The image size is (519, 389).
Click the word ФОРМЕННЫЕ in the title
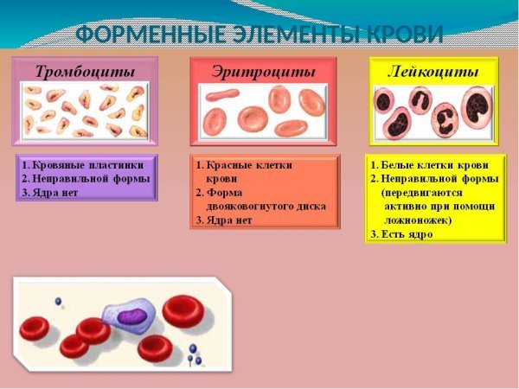(142, 35)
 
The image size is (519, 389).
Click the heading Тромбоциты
(85, 71)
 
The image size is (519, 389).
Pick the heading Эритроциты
(263, 71)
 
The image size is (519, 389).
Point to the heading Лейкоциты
(435, 72)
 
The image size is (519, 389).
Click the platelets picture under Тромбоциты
(85, 112)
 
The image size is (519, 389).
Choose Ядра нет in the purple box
(56, 193)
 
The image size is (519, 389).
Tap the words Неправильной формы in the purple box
(91, 179)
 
